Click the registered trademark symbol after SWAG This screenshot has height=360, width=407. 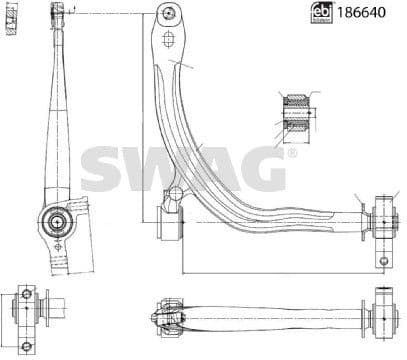click(x=291, y=155)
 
